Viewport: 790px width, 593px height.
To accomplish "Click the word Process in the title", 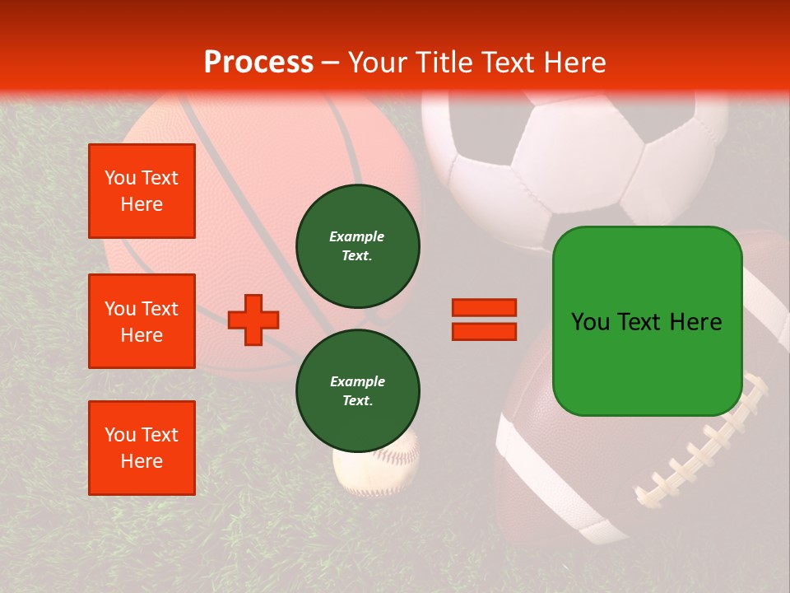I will [x=258, y=63].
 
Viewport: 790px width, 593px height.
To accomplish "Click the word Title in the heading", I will [x=441, y=63].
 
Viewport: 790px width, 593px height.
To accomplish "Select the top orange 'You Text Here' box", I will [x=142, y=191].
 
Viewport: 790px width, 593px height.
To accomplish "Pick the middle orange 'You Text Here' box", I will [x=142, y=321].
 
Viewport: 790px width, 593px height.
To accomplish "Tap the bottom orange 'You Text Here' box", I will [x=142, y=448].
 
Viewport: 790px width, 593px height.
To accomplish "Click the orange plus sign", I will [x=253, y=320].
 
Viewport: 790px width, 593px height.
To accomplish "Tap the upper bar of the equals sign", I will [x=484, y=307].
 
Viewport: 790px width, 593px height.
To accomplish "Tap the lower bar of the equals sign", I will [x=484, y=332].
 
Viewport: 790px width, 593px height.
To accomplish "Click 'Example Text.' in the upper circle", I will [x=357, y=245].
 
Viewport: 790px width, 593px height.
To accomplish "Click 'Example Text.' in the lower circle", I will [x=357, y=390].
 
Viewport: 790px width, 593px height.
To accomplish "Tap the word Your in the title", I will [x=379, y=63].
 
